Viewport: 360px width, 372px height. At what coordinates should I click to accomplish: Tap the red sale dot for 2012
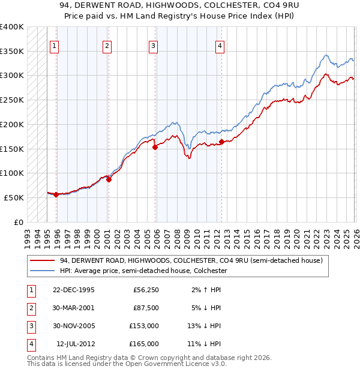pos(221,142)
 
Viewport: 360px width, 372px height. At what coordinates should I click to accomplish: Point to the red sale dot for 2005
pos(155,146)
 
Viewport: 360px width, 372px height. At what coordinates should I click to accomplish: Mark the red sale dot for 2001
pos(109,179)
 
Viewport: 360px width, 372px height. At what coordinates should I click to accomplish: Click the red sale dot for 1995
pos(56,194)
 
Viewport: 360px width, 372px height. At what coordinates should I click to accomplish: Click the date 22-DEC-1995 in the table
pos(73,290)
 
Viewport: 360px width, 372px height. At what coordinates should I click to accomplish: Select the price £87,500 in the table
pos(146,308)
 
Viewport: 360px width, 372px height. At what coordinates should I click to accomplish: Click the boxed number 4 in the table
pos(30,344)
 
